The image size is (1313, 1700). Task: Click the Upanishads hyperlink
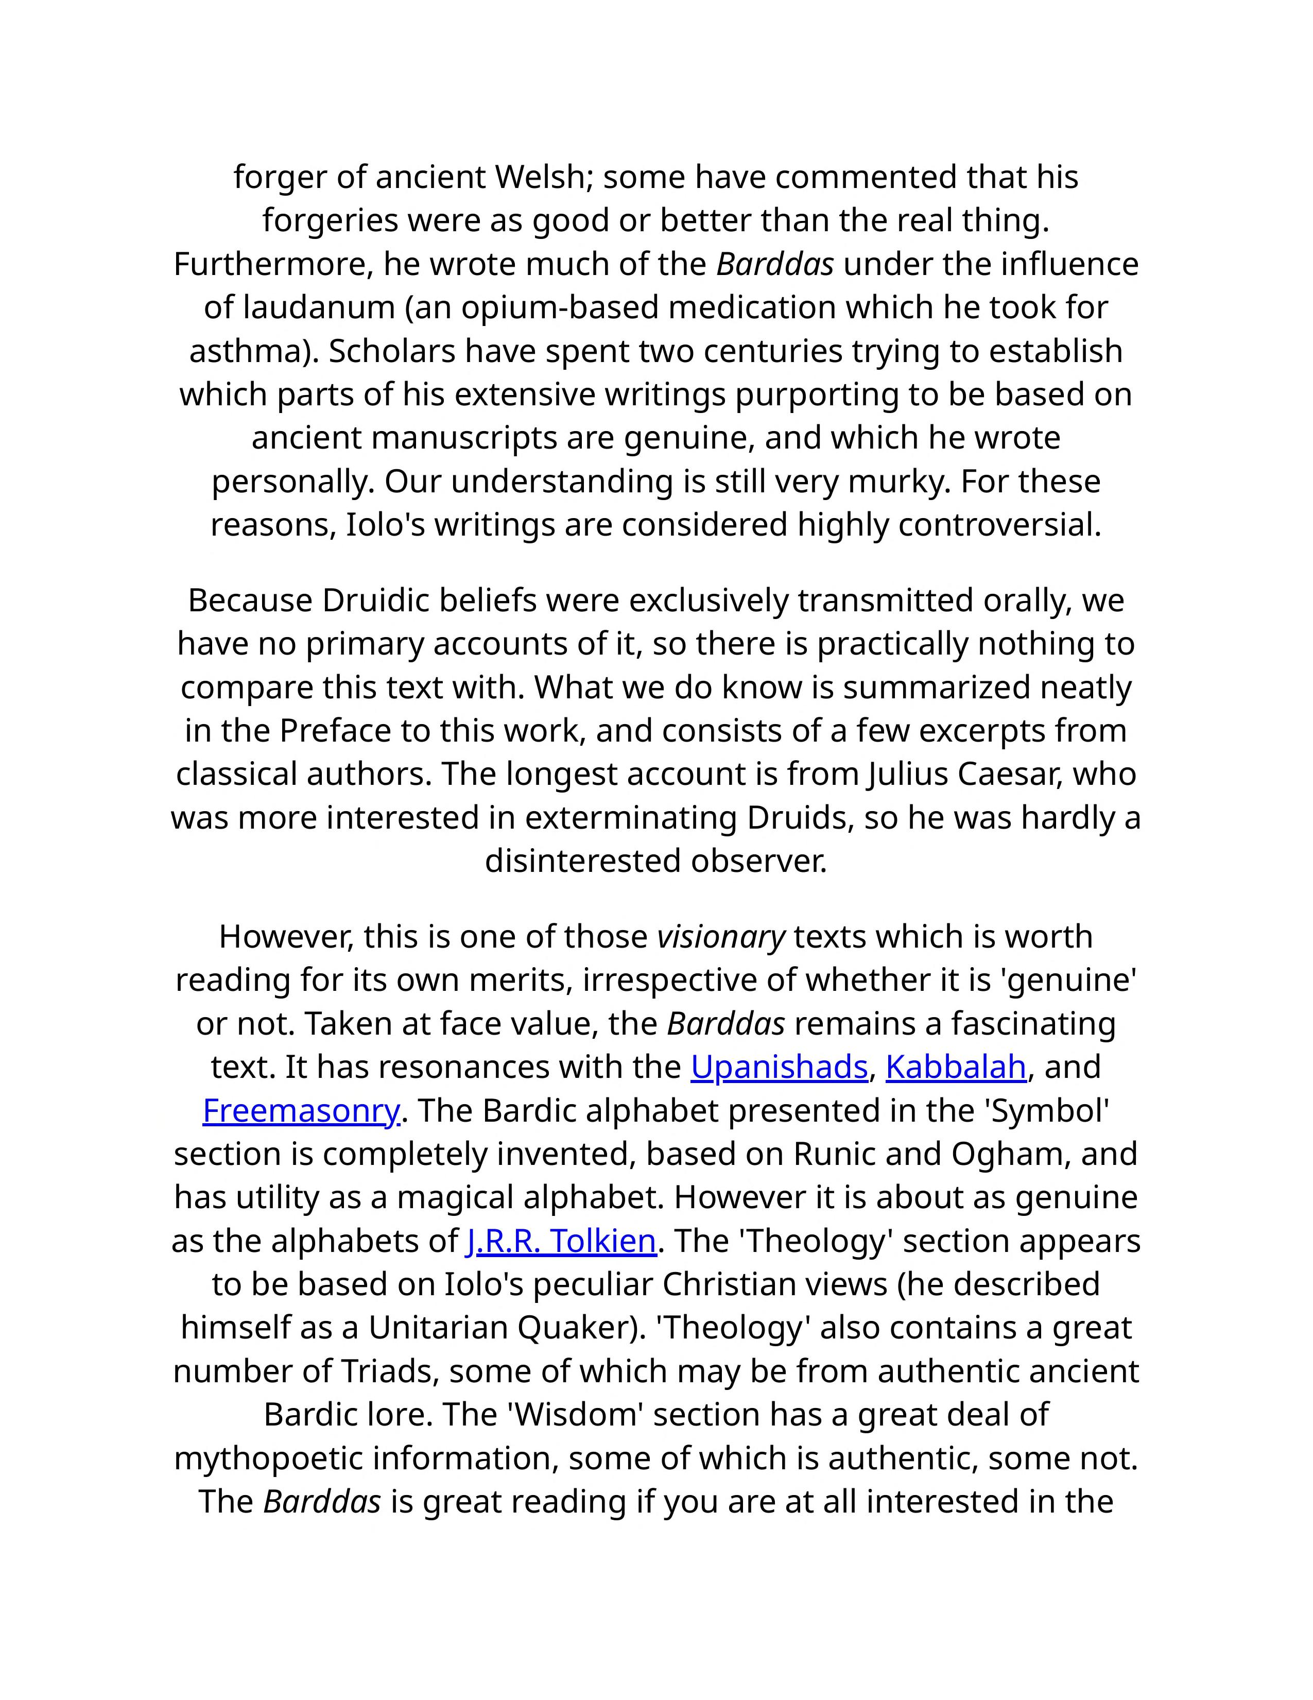pyautogui.click(x=779, y=1067)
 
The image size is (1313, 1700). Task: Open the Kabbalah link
pyautogui.click(x=955, y=1067)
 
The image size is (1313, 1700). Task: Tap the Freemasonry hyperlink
pyautogui.click(x=300, y=1110)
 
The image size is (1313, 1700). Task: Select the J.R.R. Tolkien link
pyautogui.click(x=560, y=1241)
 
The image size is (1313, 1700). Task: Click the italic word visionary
pyautogui.click(x=721, y=936)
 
